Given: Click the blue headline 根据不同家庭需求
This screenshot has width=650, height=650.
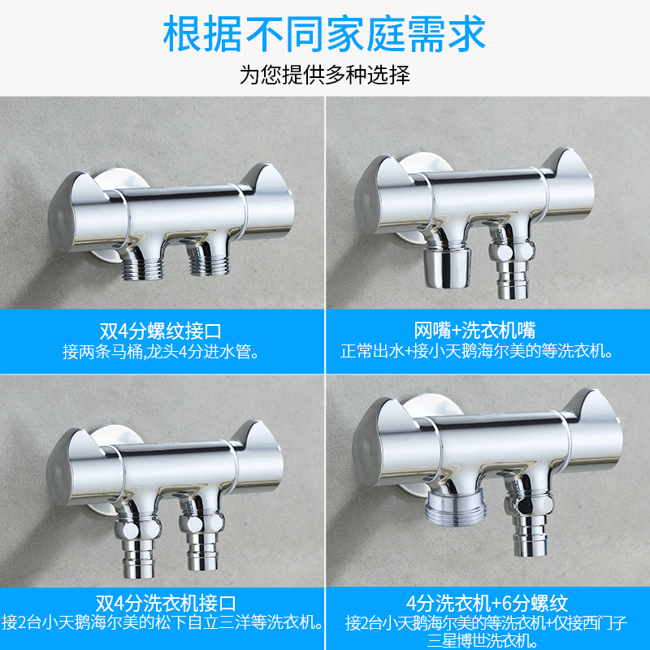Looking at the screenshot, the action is click(324, 34).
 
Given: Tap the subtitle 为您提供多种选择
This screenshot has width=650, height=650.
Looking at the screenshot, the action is click(324, 75).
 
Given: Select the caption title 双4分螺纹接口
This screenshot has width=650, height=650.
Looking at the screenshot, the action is click(160, 331).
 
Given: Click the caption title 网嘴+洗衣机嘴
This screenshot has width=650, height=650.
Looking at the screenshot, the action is click(475, 331).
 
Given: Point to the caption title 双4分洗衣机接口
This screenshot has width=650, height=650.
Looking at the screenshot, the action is click(166, 604).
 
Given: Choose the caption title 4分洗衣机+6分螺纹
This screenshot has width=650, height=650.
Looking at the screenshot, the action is click(487, 604).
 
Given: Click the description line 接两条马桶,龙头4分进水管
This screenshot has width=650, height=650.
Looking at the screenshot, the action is click(161, 352).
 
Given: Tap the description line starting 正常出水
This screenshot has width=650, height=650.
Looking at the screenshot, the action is click(477, 351).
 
